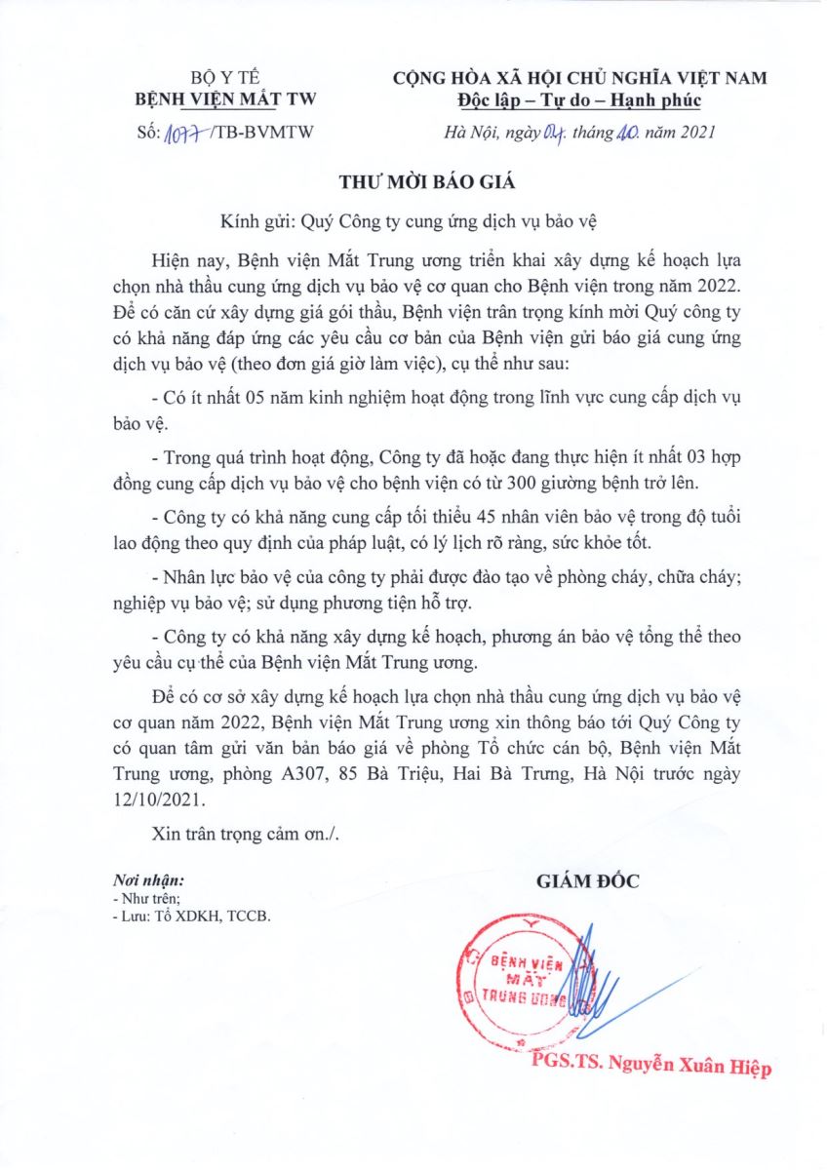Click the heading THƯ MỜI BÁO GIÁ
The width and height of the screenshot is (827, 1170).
click(413, 182)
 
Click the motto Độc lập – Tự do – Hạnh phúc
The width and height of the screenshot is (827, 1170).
click(578, 100)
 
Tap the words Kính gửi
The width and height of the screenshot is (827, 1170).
click(250, 221)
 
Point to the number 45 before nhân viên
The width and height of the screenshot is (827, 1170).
click(457, 536)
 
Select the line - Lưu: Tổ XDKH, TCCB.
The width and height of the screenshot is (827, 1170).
click(191, 917)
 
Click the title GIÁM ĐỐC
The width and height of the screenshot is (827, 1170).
click(588, 882)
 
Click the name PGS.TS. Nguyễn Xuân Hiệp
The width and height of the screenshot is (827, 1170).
click(651, 1068)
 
